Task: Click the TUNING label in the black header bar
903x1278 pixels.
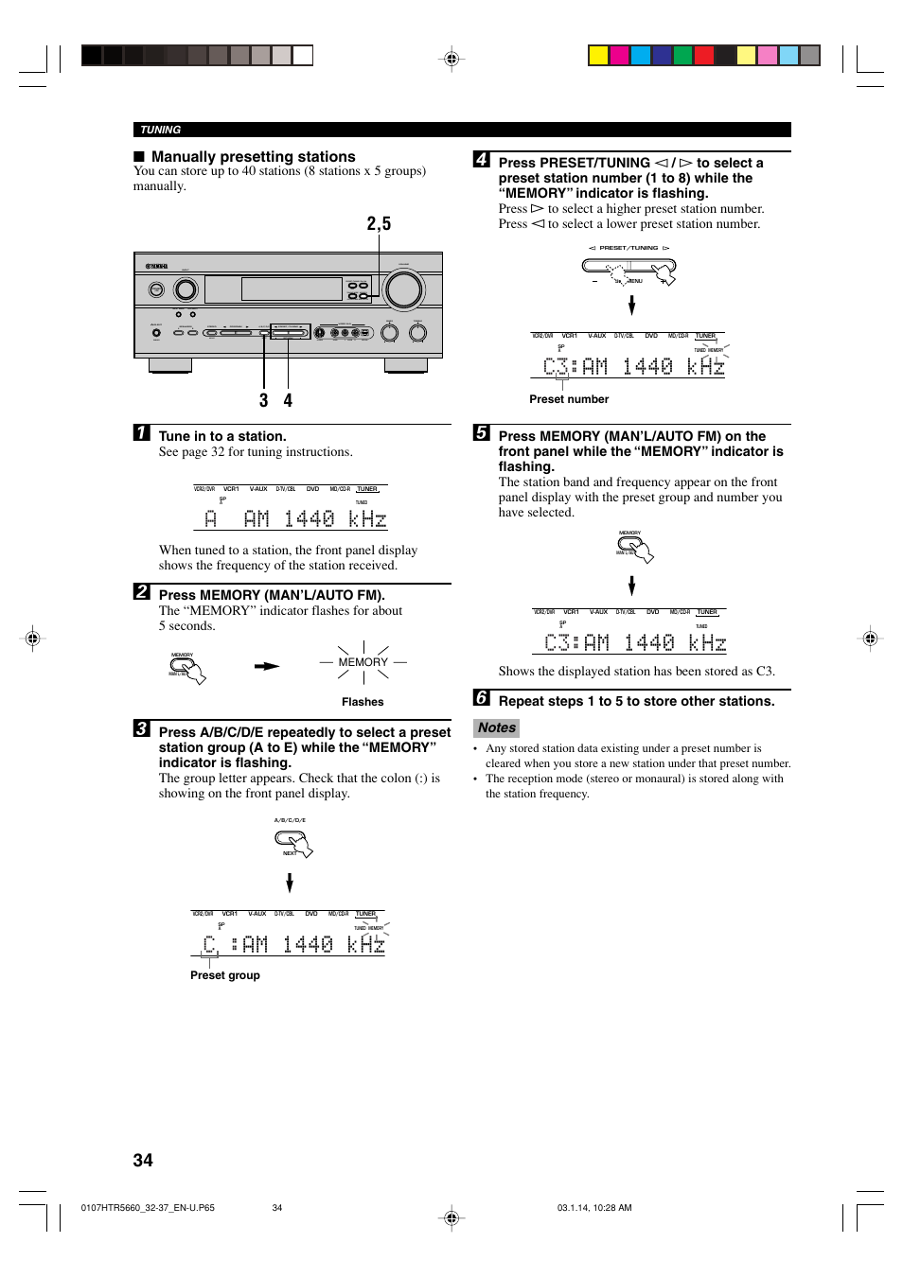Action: pyautogui.click(x=160, y=130)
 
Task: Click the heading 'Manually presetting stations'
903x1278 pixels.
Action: pyautogui.click(x=253, y=157)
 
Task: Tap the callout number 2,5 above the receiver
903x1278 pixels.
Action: pyautogui.click(x=379, y=224)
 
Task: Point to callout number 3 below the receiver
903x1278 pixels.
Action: pyautogui.click(x=263, y=401)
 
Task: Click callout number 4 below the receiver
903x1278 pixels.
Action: pyautogui.click(x=288, y=401)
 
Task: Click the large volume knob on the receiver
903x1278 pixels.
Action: pyautogui.click(x=404, y=289)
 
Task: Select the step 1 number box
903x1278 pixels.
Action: pyautogui.click(x=141, y=433)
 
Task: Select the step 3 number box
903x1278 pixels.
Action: pyautogui.click(x=141, y=728)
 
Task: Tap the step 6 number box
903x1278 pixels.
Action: pyautogui.click(x=481, y=698)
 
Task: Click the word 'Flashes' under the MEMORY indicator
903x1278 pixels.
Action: pyautogui.click(x=363, y=702)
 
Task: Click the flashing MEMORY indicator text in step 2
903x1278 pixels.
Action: pyautogui.click(x=363, y=662)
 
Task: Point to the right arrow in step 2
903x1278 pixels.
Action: pyautogui.click(x=267, y=666)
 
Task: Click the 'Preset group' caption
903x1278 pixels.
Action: pyautogui.click(x=224, y=975)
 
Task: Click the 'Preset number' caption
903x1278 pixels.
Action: pyautogui.click(x=569, y=399)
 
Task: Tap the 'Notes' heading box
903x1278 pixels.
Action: pyautogui.click(x=496, y=727)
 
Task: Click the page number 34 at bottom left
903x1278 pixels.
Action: pyautogui.click(x=143, y=1160)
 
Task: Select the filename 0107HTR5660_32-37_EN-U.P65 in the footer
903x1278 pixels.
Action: pyautogui.click(x=148, y=1208)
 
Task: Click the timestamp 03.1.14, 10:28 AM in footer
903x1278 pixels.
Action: pyautogui.click(x=594, y=1208)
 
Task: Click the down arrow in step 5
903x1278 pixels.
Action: pyautogui.click(x=631, y=586)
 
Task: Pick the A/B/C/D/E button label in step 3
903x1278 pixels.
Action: pyautogui.click(x=290, y=820)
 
